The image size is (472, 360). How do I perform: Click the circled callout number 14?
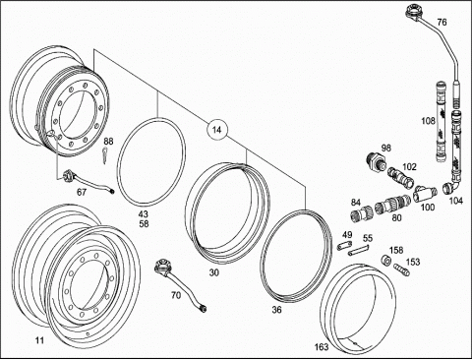click(216, 130)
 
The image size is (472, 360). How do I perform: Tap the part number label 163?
click(322, 346)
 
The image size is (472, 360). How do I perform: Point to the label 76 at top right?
click(442, 23)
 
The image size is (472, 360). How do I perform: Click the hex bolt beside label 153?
click(401, 270)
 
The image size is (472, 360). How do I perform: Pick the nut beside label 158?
click(385, 261)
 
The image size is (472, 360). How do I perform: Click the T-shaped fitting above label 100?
click(425, 194)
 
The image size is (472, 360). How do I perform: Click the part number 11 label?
click(39, 340)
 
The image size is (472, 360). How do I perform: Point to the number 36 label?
click(277, 310)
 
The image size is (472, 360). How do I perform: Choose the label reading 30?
click(214, 272)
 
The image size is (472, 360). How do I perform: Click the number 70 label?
click(176, 295)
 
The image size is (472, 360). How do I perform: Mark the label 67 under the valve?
click(82, 192)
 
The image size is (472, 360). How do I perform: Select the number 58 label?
click(144, 224)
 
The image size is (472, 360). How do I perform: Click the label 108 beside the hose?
click(428, 121)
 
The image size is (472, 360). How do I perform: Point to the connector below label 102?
click(400, 178)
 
